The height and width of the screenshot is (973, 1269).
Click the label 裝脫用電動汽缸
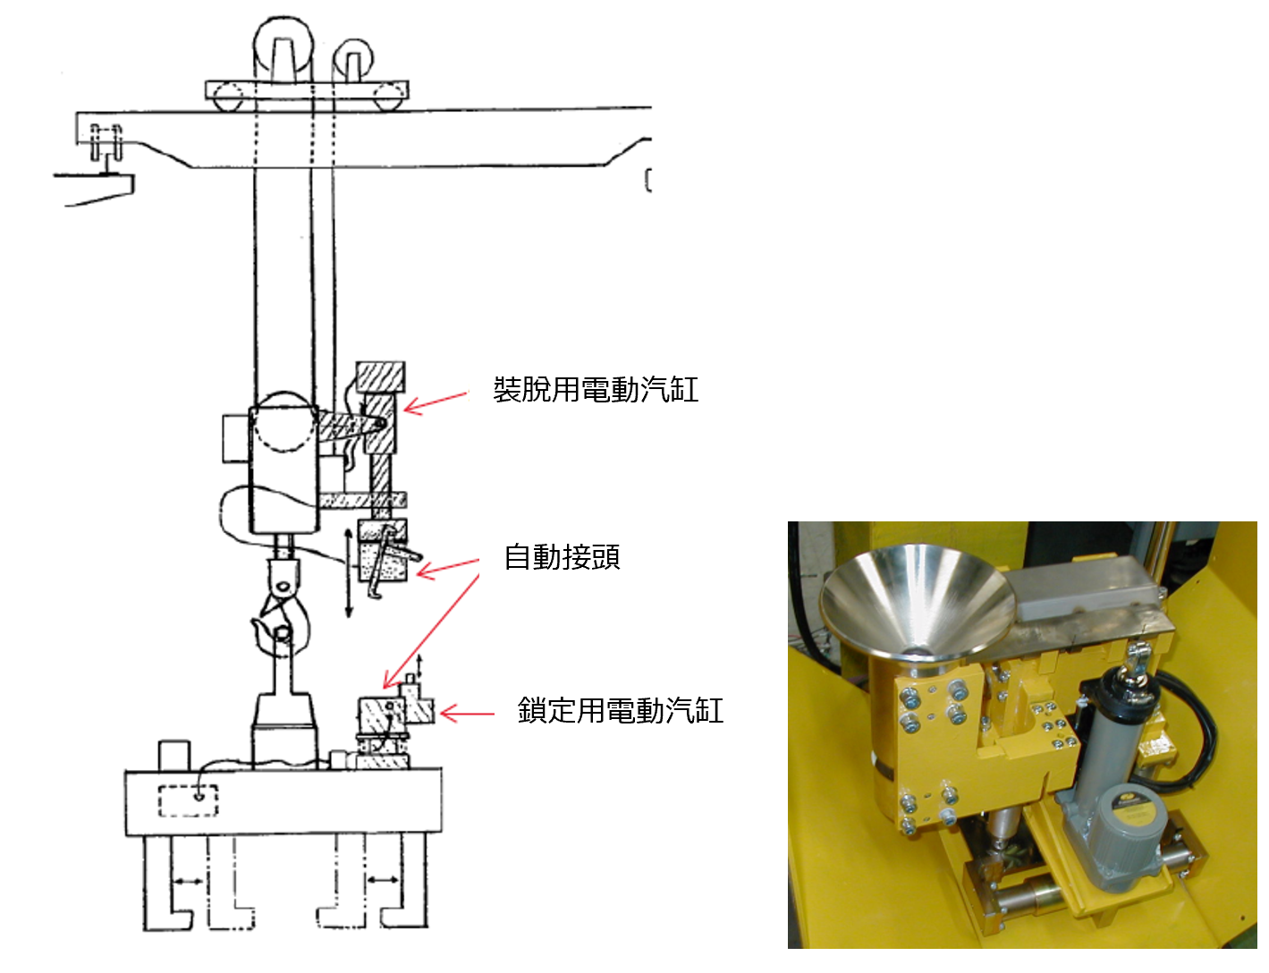(596, 390)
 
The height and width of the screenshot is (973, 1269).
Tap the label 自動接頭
(562, 556)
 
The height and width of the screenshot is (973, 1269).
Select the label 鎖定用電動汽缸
(621, 711)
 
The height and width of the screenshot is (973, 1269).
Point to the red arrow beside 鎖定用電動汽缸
(467, 713)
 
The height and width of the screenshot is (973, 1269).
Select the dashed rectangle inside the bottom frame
(188, 800)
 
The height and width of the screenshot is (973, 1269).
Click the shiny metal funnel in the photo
(916, 602)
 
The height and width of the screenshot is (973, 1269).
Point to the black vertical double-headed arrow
(349, 573)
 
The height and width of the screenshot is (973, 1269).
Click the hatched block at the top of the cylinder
(381, 377)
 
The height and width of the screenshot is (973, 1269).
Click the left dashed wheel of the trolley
(227, 97)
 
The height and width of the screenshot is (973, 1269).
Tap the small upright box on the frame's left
(174, 757)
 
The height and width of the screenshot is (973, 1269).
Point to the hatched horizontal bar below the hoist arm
(362, 500)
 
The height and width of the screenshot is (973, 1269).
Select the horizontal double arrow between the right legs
(383, 880)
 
